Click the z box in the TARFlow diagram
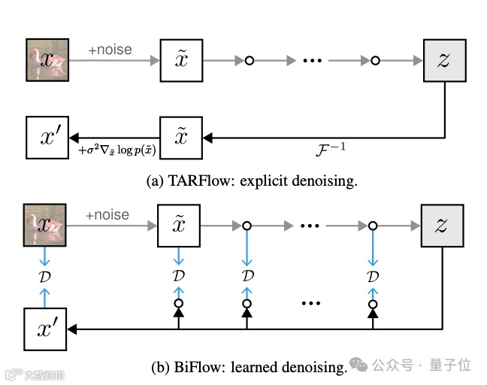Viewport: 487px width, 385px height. click(x=443, y=60)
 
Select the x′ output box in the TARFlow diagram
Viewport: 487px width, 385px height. click(x=48, y=138)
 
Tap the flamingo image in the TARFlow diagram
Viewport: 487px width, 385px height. click(x=48, y=60)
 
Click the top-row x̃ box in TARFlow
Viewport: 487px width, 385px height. click(x=181, y=60)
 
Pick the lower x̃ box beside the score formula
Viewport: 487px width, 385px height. click(x=181, y=138)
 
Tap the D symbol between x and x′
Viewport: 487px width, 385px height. click(x=44, y=276)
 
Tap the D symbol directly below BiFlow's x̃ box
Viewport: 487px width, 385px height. click(x=178, y=276)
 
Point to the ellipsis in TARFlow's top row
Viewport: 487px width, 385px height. click(x=311, y=60)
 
